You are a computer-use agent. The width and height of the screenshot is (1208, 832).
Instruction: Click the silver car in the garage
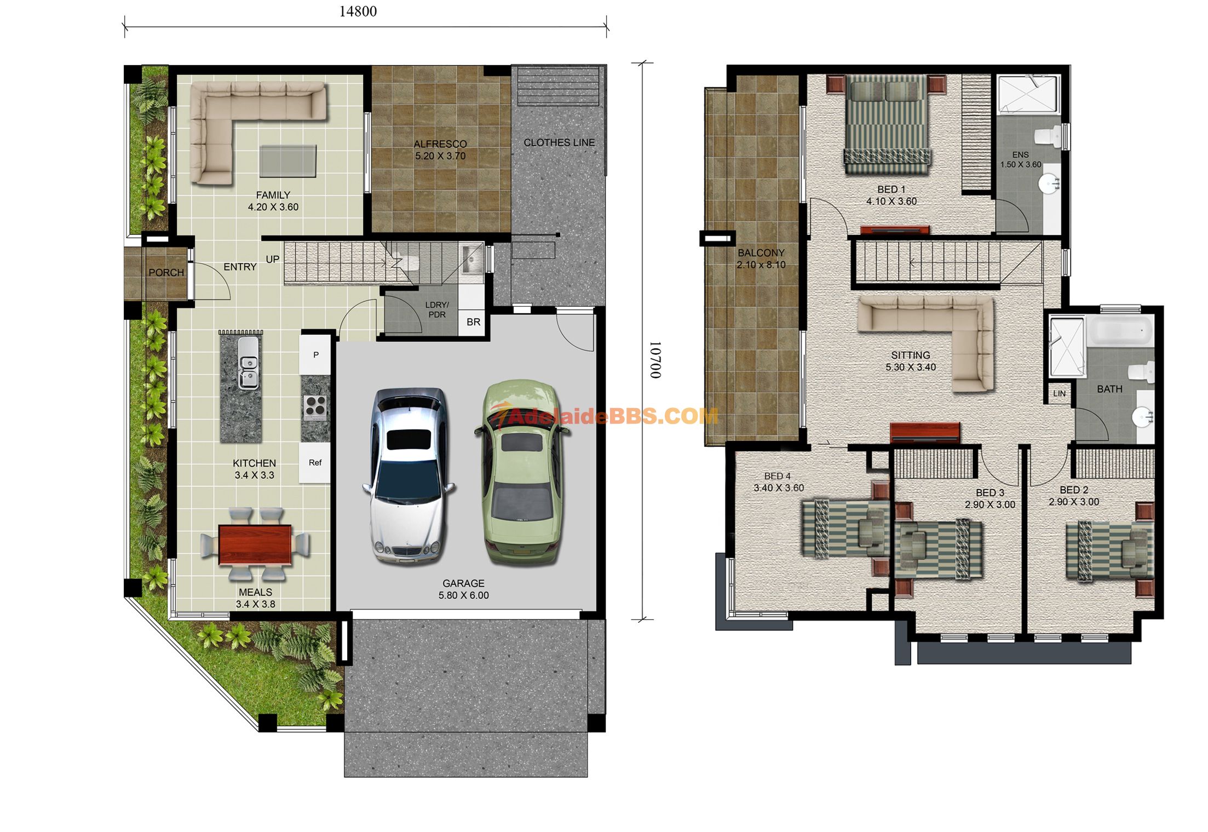pos(409,475)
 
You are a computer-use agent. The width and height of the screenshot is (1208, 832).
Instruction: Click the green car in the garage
pos(522,472)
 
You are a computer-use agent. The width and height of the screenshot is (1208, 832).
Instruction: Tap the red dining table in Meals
pos(255,544)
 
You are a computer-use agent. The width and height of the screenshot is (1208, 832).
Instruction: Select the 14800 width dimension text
pos(358,12)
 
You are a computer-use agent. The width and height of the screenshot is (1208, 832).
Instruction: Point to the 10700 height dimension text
pos(655,360)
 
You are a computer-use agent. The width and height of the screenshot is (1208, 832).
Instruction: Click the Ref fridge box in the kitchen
pos(315,463)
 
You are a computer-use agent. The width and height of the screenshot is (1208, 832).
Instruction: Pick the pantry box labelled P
pos(315,354)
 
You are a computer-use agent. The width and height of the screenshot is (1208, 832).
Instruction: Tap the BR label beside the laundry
pos(473,322)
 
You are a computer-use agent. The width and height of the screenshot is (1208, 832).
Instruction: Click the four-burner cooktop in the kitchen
pos(315,406)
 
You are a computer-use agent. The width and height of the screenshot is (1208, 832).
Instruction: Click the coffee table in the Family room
pos(288,161)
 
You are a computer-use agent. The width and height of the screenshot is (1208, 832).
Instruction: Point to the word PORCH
pos(166,272)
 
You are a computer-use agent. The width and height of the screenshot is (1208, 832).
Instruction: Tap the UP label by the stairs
pos(273,259)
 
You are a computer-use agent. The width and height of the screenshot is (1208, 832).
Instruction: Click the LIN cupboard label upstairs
pos(1059,393)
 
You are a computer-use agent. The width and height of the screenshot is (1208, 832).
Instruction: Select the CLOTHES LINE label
pos(559,142)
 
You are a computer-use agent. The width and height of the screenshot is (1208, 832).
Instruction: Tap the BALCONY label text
pos(761,253)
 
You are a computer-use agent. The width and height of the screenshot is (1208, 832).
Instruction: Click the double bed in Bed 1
pos(887,124)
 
